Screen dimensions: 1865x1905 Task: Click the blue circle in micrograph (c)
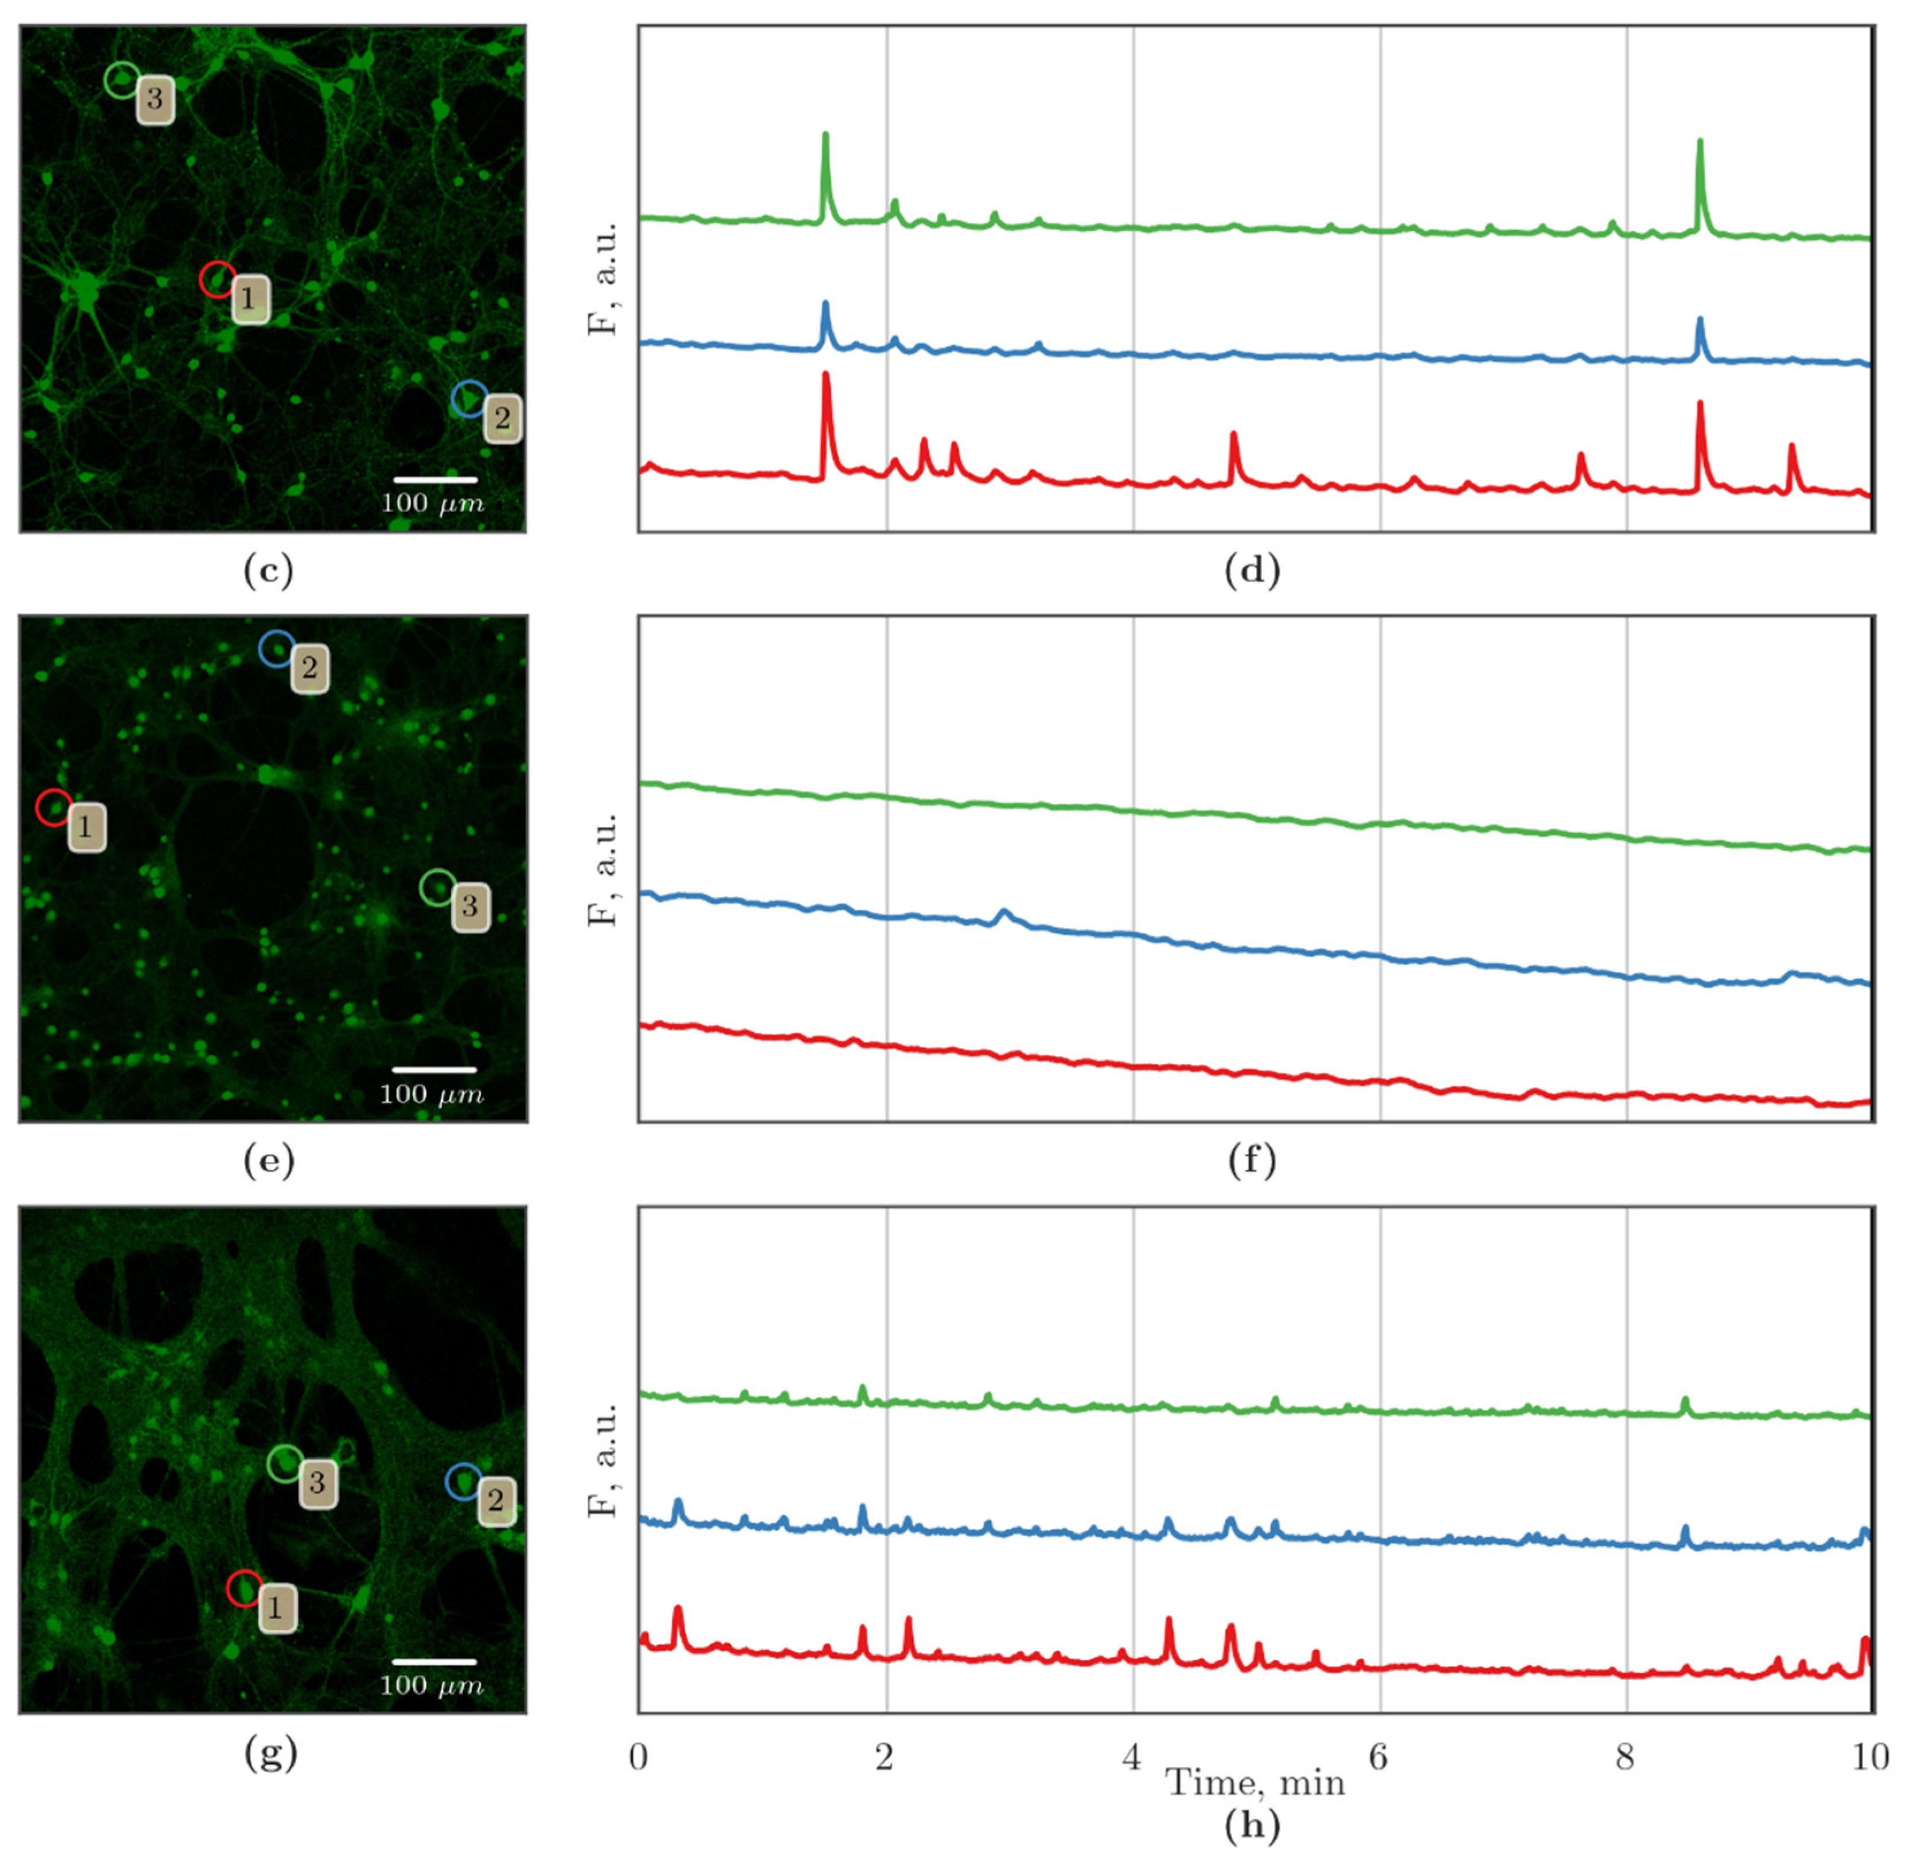[x=469, y=399]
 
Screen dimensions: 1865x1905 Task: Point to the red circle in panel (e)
[x=54, y=807]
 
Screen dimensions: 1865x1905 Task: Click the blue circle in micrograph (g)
[x=463, y=1482]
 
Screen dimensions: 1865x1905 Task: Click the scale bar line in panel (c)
[x=435, y=480]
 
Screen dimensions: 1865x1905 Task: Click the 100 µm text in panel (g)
[x=432, y=1685]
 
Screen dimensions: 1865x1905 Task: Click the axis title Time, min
[x=1255, y=1782]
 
